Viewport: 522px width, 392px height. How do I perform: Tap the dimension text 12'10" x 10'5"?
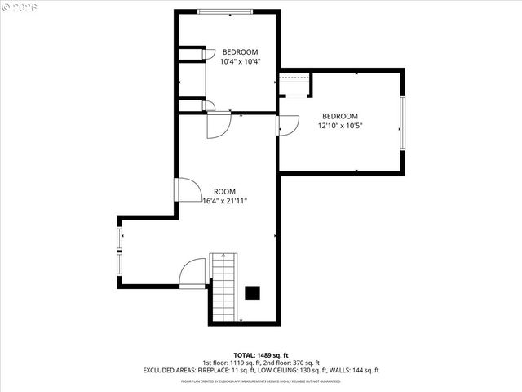[339, 126]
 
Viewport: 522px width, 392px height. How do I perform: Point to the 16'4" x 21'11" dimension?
[224, 200]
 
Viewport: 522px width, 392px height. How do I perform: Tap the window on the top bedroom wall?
[224, 11]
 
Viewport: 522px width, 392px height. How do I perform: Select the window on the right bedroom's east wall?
[400, 123]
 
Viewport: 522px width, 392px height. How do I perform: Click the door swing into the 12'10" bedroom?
[287, 127]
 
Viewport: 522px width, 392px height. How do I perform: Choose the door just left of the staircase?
[193, 273]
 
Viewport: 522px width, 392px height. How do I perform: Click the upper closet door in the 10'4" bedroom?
[208, 54]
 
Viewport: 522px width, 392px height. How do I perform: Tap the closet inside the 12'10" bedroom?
[294, 84]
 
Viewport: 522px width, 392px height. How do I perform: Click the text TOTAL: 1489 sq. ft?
[260, 355]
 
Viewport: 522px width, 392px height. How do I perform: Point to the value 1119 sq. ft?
[241, 363]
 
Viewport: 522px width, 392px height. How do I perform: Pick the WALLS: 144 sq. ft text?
[352, 370]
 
